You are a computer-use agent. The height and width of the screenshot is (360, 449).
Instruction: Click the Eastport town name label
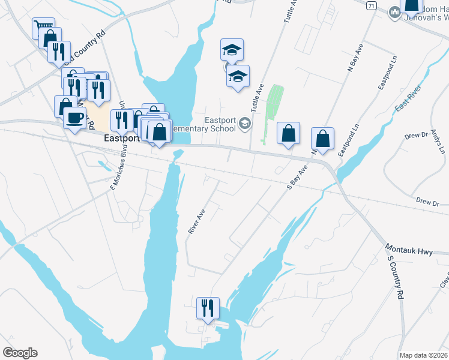tap(121, 137)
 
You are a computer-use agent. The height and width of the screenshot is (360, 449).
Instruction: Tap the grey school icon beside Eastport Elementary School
tap(244, 124)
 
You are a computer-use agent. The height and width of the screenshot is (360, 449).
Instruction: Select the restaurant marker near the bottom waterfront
tap(208, 308)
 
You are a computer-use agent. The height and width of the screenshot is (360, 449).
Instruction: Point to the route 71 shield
tap(372, 5)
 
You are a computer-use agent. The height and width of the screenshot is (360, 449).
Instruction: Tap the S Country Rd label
tap(395, 277)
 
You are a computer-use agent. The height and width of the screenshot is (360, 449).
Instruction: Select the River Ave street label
tap(196, 221)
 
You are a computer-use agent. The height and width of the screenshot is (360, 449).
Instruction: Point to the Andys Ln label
tap(436, 141)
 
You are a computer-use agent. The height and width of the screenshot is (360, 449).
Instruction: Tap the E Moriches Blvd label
tap(118, 170)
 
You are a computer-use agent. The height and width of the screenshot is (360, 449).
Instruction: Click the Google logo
tap(20, 353)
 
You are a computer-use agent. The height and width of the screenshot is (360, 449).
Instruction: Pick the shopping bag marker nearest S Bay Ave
tap(289, 134)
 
